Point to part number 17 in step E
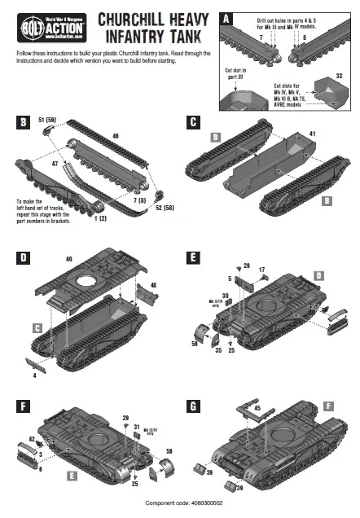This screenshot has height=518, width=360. pos(261,270)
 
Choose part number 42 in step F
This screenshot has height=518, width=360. pos(32,438)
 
